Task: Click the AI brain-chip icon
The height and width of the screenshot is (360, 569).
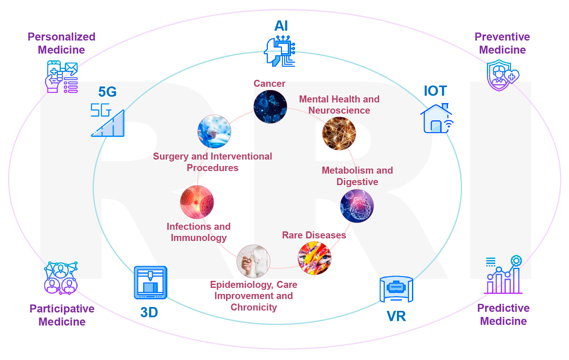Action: [x=280, y=51]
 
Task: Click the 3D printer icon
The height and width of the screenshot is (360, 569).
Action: [x=150, y=282]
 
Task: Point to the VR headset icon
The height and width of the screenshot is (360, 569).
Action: [x=396, y=289]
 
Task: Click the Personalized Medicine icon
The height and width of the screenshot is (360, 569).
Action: [x=62, y=77]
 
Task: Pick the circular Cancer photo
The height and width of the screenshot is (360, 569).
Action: [x=270, y=107]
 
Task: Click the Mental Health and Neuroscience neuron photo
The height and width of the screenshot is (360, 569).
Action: [x=339, y=133]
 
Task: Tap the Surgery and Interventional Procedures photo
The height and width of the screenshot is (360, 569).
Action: [x=214, y=131]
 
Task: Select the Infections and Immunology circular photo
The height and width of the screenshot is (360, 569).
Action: [x=197, y=202]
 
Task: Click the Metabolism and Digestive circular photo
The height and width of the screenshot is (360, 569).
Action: [x=357, y=206]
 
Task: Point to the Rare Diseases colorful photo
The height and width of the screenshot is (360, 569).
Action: [x=315, y=258]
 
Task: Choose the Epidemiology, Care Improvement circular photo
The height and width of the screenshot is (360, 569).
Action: [x=254, y=261]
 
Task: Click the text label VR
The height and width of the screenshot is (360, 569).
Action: [x=396, y=316]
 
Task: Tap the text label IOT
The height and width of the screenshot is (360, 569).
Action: [x=435, y=91]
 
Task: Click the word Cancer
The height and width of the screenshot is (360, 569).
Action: [x=269, y=84]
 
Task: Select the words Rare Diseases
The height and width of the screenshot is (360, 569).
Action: [x=314, y=235]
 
